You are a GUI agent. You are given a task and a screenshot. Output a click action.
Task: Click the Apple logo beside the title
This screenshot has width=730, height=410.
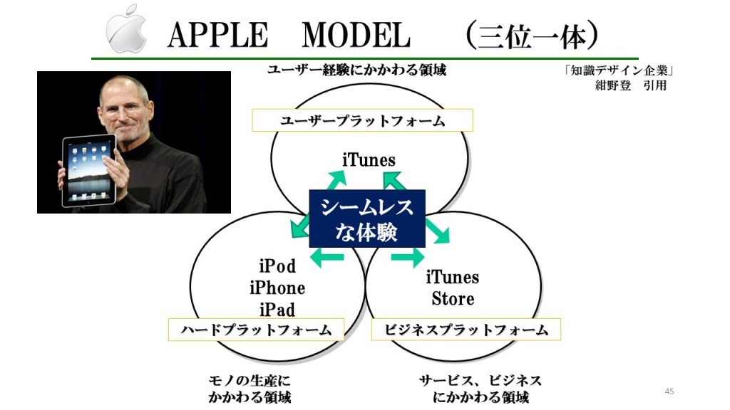[x=126, y=28]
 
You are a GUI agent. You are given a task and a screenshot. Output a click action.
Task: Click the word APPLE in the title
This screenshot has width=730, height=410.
[x=218, y=36]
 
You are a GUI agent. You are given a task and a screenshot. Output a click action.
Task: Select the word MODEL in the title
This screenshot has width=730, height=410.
[x=356, y=36]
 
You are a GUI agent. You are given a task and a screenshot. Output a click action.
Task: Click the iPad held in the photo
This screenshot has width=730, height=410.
[x=89, y=170]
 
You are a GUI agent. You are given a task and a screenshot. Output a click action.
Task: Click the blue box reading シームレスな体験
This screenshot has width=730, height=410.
[x=367, y=219]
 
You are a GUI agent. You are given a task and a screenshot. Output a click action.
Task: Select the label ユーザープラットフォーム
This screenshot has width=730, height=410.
[x=362, y=120]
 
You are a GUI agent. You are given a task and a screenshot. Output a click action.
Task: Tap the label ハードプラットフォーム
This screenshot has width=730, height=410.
[x=256, y=330]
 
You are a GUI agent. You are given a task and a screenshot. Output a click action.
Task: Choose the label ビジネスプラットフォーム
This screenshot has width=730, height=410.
[x=466, y=330]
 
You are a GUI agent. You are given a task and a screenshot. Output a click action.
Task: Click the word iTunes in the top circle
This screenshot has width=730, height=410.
[x=369, y=160]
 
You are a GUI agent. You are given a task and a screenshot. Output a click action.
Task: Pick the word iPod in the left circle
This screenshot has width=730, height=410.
[x=277, y=266]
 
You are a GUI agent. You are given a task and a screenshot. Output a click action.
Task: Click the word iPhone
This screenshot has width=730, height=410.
[x=277, y=288]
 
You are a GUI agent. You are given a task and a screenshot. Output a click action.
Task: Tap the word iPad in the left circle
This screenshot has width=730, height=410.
[x=277, y=309]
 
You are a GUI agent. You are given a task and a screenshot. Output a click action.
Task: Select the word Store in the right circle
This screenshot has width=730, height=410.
[x=453, y=298]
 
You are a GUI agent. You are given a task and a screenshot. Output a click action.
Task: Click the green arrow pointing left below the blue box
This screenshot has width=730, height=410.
[x=327, y=257]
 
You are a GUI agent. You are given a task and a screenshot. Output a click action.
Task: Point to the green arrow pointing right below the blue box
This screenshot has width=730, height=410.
[x=408, y=257]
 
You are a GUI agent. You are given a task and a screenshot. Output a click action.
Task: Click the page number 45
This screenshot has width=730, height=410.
[x=669, y=391]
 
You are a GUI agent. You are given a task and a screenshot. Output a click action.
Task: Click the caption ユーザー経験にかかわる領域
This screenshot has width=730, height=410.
[x=356, y=70]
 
